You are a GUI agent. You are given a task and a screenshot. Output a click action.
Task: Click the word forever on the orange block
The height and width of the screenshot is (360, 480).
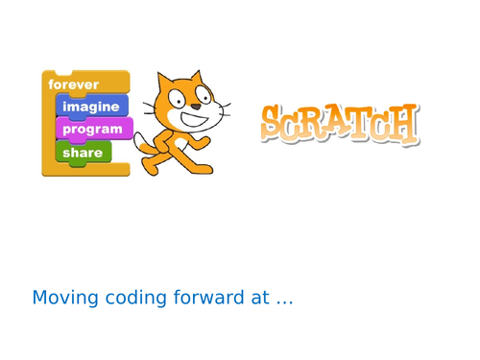coord(74,84)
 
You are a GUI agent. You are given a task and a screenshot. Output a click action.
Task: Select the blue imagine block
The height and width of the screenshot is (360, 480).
coord(91,107)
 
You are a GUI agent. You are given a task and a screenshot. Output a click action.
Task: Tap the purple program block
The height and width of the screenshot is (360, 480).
coord(92,129)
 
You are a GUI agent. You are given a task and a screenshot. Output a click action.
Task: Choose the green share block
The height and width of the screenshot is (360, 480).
coord(83,152)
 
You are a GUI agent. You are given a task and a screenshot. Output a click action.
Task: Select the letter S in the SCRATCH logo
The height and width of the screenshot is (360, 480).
coord(275,124)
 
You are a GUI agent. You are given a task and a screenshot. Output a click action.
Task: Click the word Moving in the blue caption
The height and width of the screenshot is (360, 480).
coord(63,299)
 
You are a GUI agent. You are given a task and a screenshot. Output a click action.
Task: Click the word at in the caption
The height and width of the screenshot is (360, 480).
coord(259,299)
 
